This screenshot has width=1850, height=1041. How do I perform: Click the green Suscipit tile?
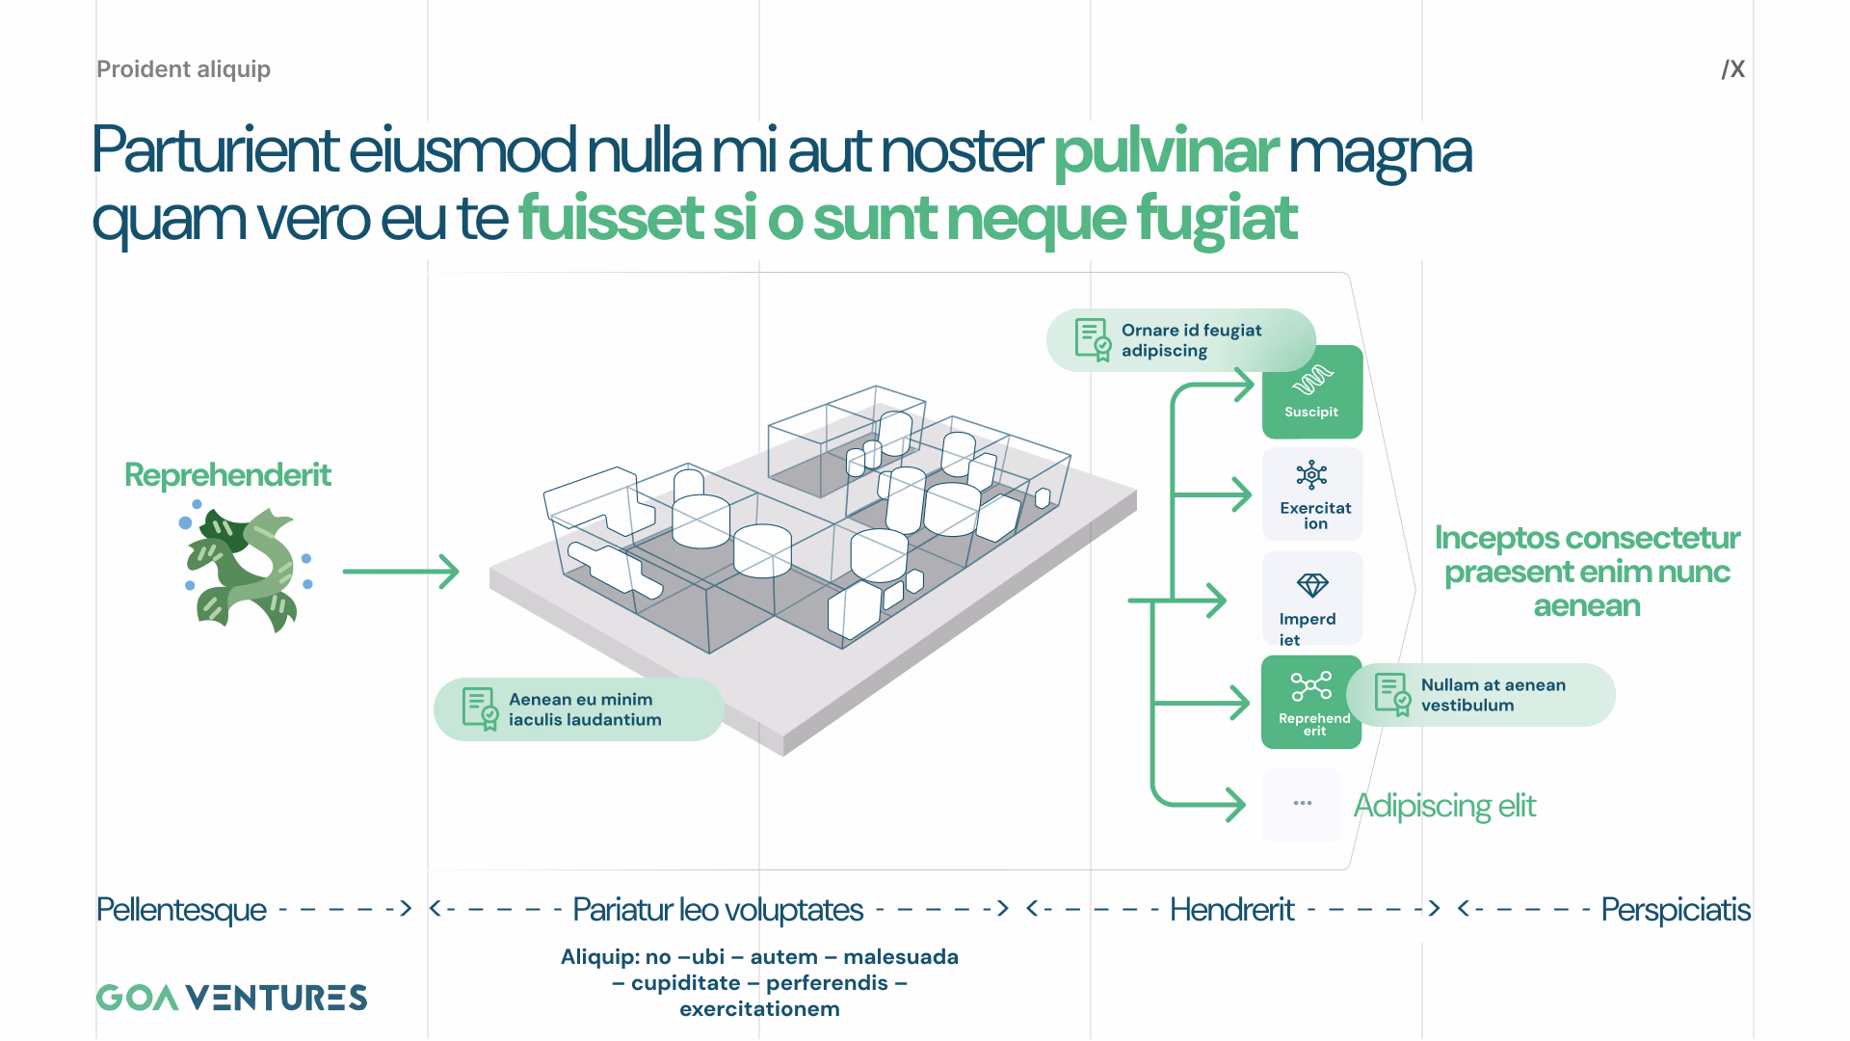coord(1312,391)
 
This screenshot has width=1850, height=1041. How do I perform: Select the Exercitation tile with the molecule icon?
coord(1312,494)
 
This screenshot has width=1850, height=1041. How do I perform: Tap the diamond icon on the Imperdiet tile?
coord(1312,585)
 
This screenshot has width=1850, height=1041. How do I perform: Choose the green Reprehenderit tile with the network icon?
coord(1311,702)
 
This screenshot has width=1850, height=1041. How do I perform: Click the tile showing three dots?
coord(1302,804)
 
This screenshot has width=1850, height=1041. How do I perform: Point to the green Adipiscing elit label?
coord(1444,806)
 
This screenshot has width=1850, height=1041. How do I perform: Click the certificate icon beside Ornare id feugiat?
coord(1093,339)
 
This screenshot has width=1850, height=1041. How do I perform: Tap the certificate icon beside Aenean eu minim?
coord(480,708)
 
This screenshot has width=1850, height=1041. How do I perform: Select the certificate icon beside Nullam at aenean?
coord(1392,694)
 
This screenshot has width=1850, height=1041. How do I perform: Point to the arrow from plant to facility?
coord(401,572)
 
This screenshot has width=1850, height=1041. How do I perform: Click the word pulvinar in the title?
coord(1166,151)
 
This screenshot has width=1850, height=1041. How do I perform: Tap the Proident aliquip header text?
coord(183,69)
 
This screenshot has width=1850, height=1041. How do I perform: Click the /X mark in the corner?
coord(1733,69)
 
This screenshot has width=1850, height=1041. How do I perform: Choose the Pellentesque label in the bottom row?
coord(181,909)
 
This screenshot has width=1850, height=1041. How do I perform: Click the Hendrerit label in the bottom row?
coord(1231,909)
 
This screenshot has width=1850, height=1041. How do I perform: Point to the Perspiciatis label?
coord(1676,909)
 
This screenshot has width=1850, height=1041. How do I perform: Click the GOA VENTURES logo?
coord(231,998)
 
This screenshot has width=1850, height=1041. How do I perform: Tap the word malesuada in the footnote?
coord(901,957)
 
